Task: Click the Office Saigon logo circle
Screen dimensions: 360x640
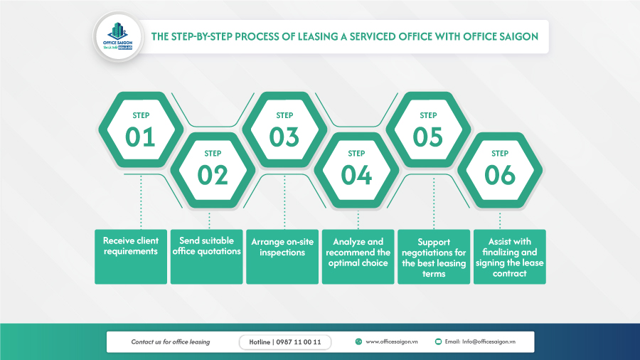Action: click(119, 36)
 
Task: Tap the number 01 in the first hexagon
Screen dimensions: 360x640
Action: click(140, 136)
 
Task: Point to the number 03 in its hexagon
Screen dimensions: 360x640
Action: click(284, 136)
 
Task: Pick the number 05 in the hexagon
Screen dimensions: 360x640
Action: click(428, 136)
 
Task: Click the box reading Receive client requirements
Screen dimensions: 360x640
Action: click(131, 256)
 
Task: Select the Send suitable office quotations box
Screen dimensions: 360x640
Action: click(206, 256)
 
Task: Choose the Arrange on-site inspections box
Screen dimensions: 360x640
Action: click(282, 256)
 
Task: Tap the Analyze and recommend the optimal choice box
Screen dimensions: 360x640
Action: click(358, 256)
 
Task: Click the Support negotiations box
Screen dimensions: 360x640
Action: click(434, 256)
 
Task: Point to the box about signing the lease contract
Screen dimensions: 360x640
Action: click(510, 256)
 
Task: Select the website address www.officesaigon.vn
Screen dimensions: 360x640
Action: click(390, 342)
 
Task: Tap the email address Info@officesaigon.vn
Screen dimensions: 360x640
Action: click(489, 342)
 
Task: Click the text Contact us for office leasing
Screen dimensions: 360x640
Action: click(171, 342)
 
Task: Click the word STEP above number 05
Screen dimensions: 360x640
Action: click(428, 115)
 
